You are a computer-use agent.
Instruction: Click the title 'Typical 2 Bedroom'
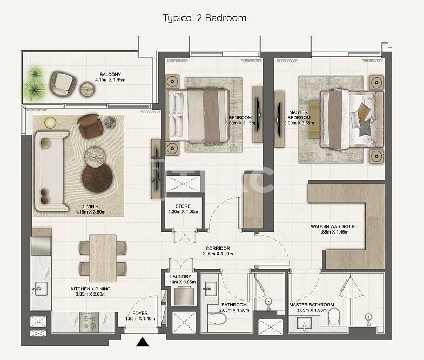tap(205, 18)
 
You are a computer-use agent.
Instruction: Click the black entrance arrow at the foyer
tap(143, 342)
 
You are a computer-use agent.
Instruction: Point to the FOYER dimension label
tap(140, 319)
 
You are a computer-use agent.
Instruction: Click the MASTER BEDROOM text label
tap(299, 117)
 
